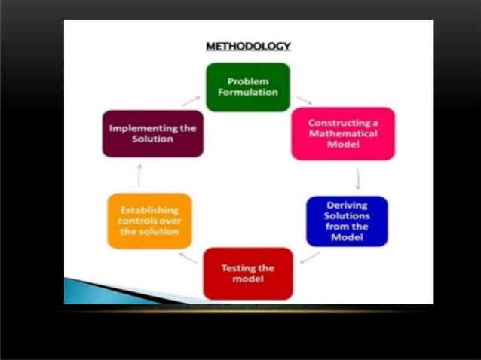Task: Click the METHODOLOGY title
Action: pos(248,47)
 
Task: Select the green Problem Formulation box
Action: pos(237,87)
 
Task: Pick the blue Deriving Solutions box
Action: pos(347,221)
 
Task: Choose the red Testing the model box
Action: pos(247,273)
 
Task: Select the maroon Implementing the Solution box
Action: pos(152,133)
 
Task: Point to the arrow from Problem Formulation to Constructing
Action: pos(303,99)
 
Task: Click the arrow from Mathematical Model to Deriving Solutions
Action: pos(357,178)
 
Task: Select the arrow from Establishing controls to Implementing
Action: pos(139,175)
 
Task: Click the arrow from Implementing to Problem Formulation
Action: pos(190,99)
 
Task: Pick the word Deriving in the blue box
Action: pos(347,205)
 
